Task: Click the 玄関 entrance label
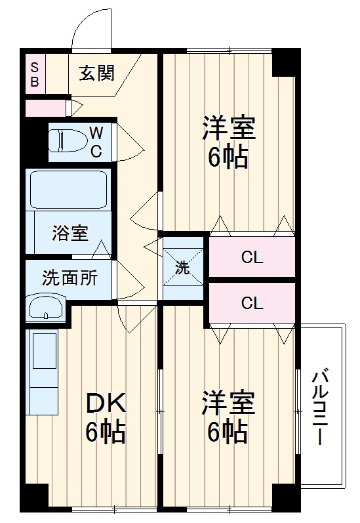(96, 73)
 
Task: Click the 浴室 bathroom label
(70, 234)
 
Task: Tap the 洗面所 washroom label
(70, 278)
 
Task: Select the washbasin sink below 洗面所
(46, 306)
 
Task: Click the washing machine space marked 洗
(183, 267)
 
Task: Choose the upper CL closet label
(252, 257)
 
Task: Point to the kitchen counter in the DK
(43, 371)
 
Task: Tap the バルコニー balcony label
(320, 407)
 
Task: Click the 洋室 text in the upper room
(228, 128)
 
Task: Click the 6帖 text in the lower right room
(228, 432)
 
